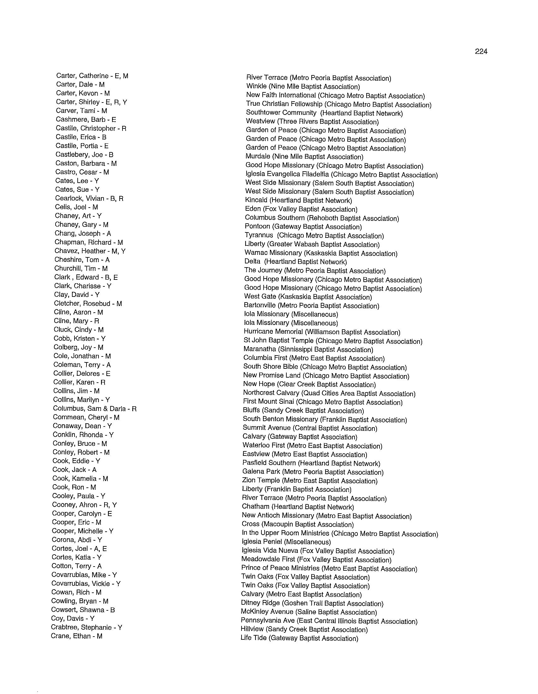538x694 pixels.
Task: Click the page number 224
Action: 481,51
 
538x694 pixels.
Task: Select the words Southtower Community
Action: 281,113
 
